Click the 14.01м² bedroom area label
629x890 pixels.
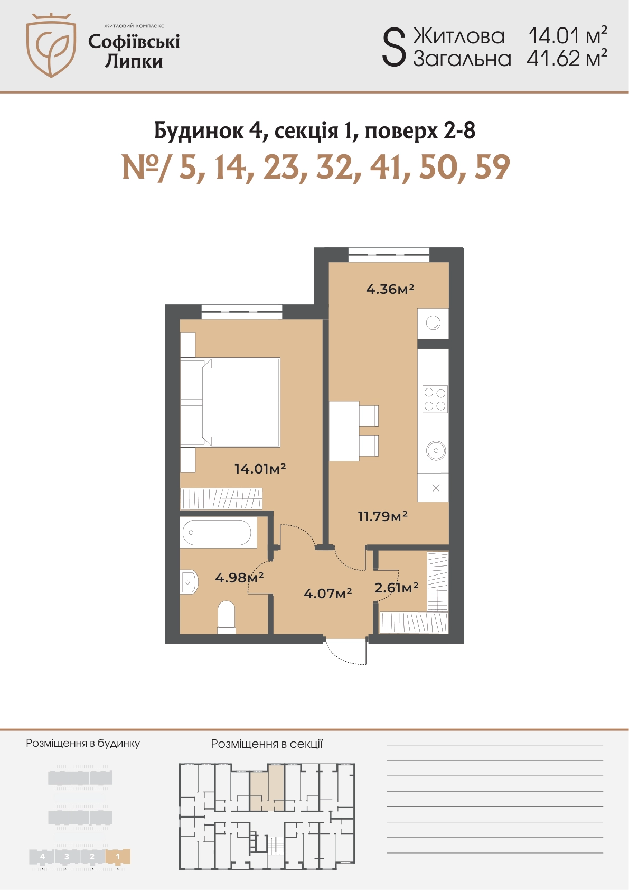coord(260,469)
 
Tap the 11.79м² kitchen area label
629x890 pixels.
coord(383,516)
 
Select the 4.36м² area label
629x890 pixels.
coord(390,289)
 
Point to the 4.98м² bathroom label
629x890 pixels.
coord(239,577)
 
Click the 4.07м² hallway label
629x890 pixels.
coord(327,594)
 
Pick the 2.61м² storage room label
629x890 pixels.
coord(396,587)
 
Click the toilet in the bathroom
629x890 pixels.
coord(227,617)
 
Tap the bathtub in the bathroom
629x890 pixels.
coord(217,533)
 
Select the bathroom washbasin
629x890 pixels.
coord(189,582)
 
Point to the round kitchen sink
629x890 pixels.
coord(436,451)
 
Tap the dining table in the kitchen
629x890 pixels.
coord(344,431)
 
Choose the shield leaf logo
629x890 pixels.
coord(51,45)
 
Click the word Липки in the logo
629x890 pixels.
coord(134,61)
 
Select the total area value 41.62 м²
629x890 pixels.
coord(567,59)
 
